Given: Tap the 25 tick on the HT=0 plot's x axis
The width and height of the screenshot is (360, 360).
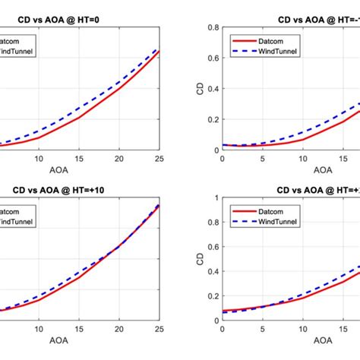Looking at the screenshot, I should (x=159, y=157).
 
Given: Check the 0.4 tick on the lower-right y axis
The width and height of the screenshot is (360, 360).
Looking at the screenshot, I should (x=212, y=272).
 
